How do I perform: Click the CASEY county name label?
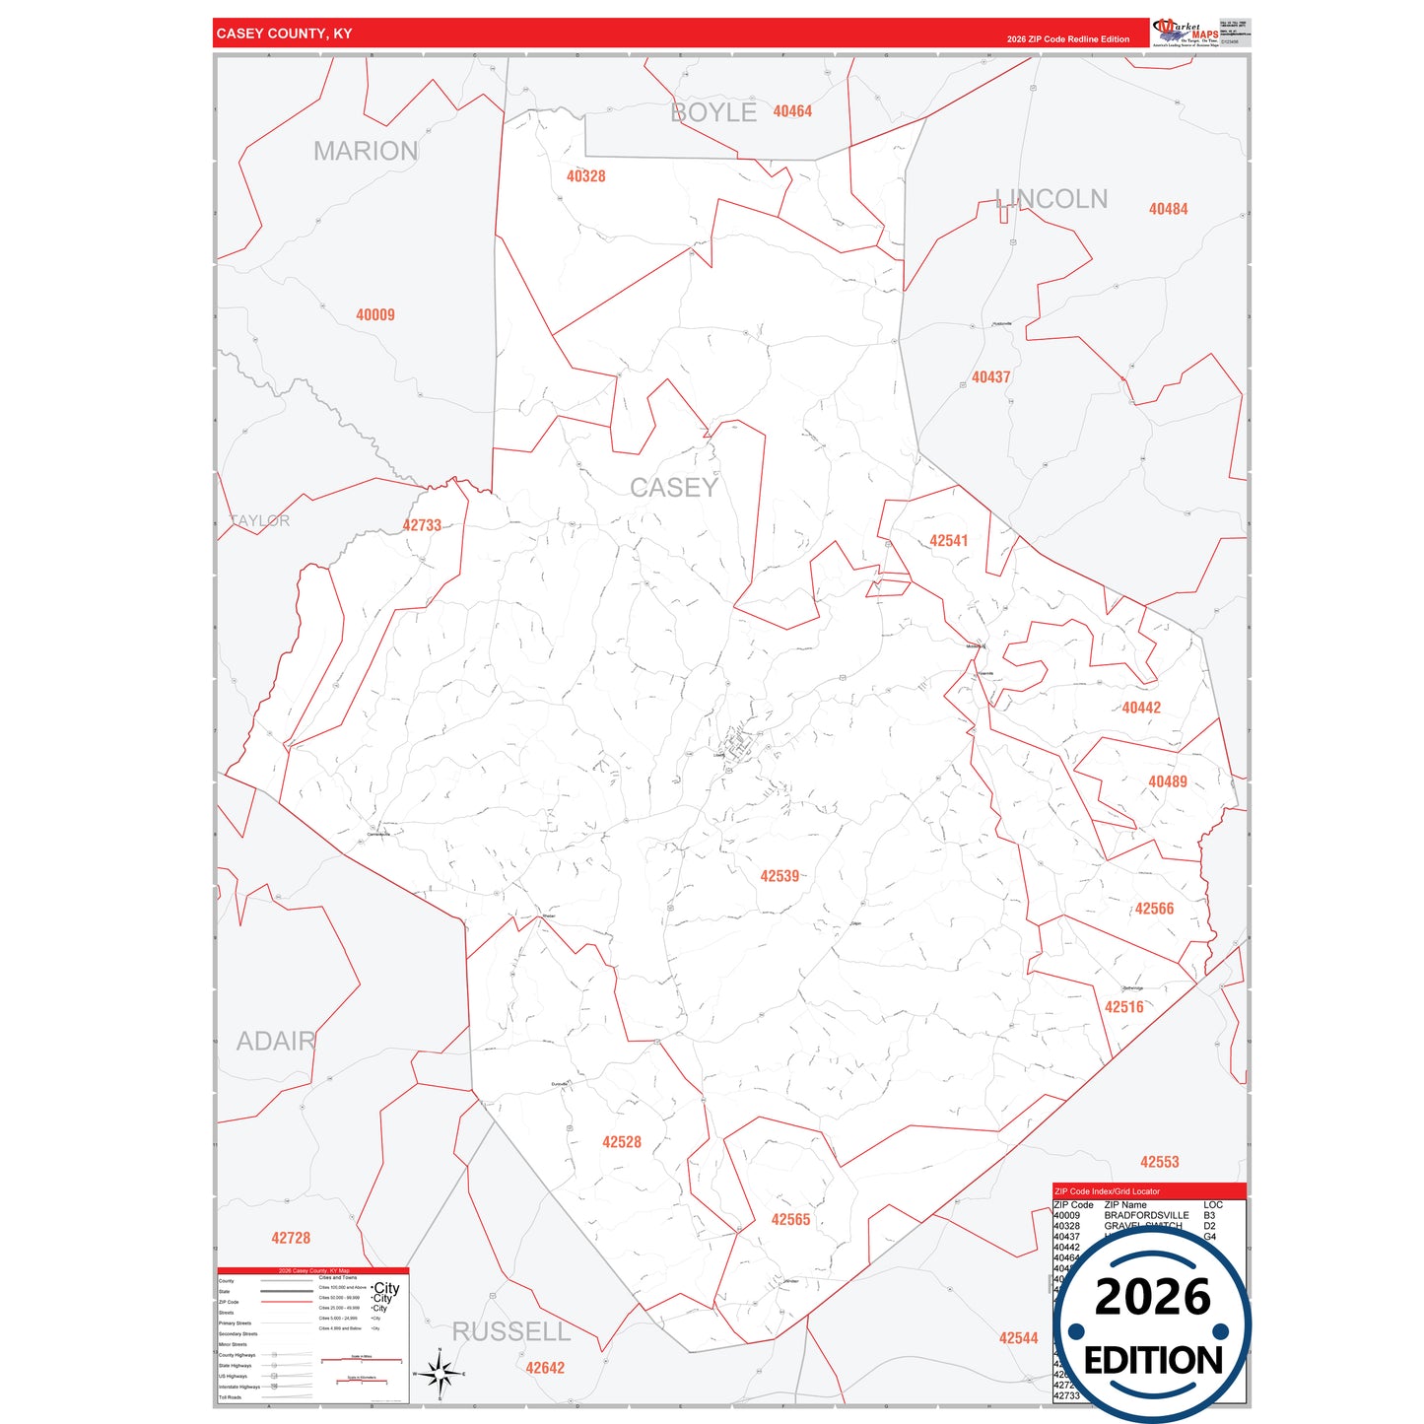click(x=674, y=487)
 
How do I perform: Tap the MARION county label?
click(x=366, y=151)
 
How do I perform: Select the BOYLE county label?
click(x=713, y=112)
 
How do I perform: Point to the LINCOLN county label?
click(x=1051, y=199)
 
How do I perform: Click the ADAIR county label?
click(x=276, y=1041)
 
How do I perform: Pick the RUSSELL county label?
click(x=511, y=1331)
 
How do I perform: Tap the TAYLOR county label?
click(x=260, y=520)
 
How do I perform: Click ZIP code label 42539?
click(x=780, y=876)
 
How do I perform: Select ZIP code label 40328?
click(x=585, y=176)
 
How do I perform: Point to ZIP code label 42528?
click(x=622, y=1142)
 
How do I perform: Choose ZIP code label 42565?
click(x=790, y=1220)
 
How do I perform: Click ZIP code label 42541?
click(x=949, y=541)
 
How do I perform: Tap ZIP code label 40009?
click(x=375, y=315)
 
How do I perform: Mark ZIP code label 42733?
click(x=422, y=526)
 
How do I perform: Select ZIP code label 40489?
click(x=1168, y=781)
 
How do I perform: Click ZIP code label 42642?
click(x=545, y=1368)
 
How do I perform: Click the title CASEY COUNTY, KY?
click(x=284, y=34)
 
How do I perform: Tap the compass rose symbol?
click(x=440, y=1373)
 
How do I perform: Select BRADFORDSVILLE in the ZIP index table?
click(x=1146, y=1216)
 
